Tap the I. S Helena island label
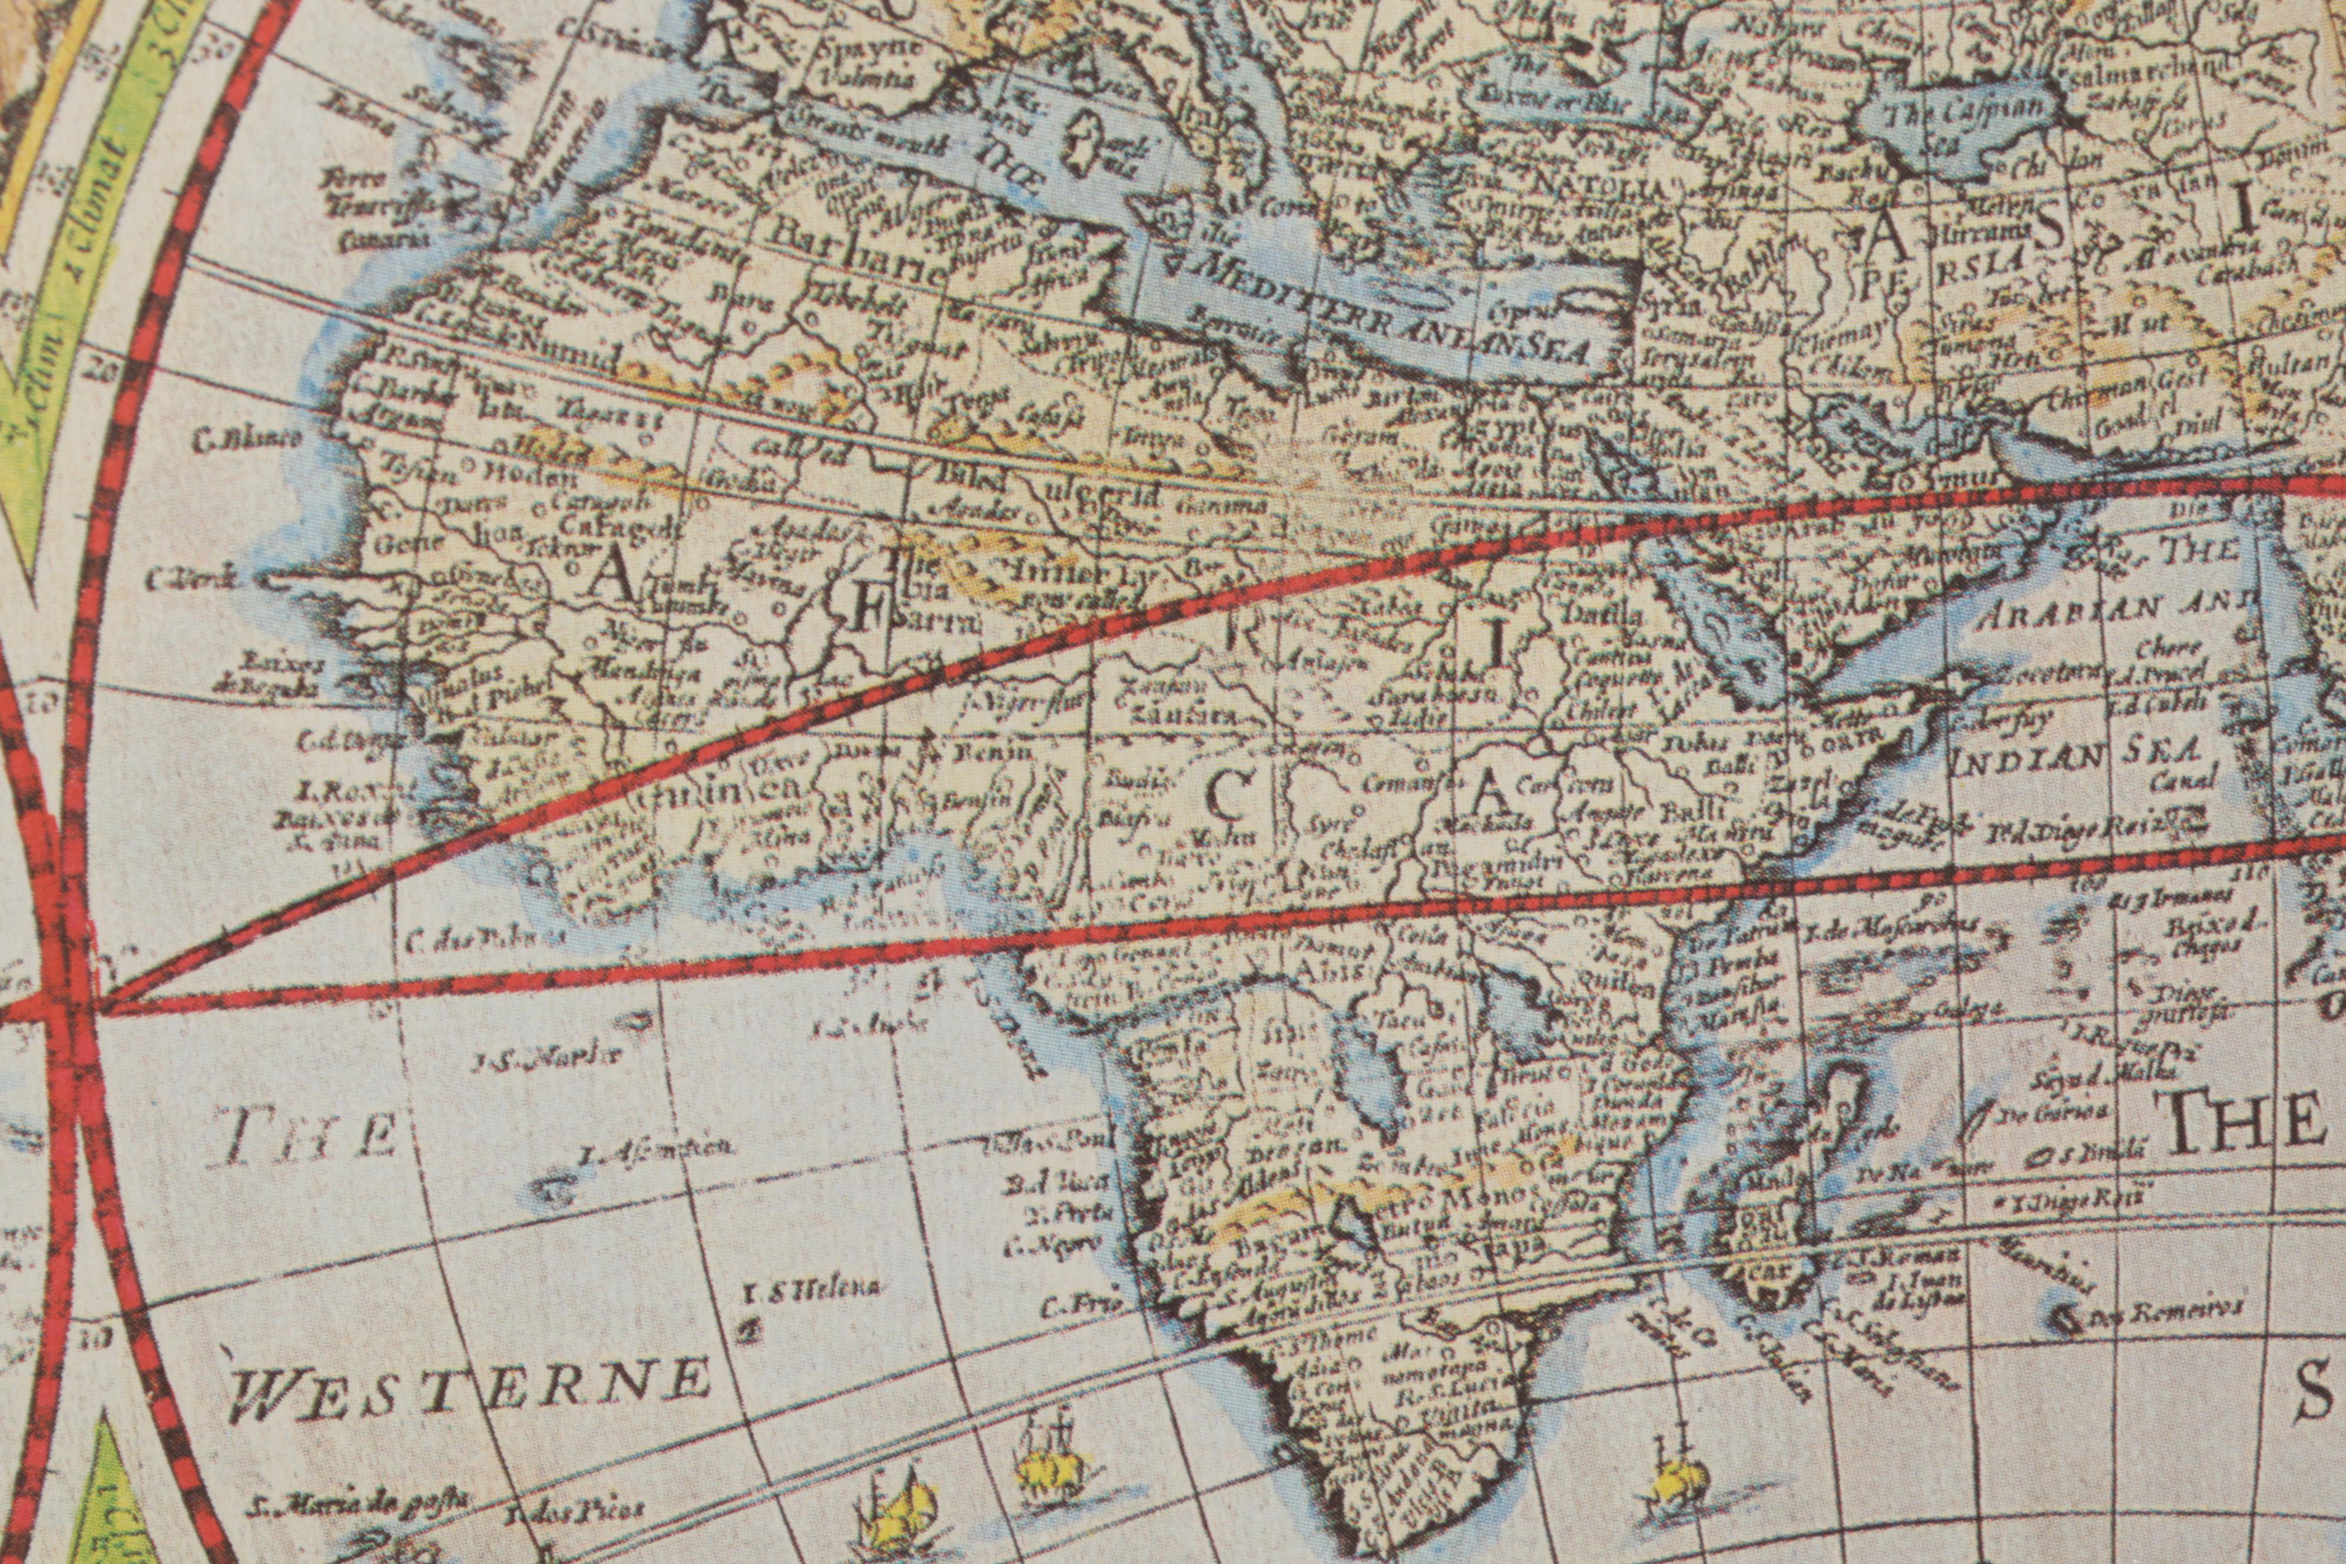(x=813, y=1288)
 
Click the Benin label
(x=992, y=750)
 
